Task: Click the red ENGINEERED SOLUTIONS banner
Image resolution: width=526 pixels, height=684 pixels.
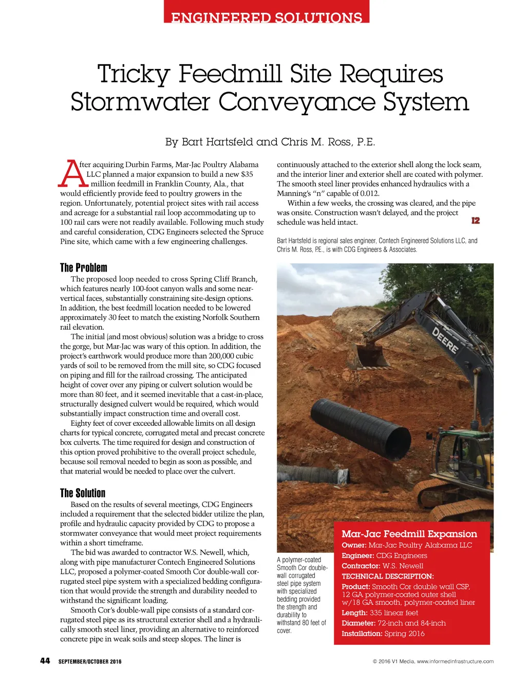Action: point(267,12)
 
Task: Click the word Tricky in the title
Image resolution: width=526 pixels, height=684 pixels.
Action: point(134,74)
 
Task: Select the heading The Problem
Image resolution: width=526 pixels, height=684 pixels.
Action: point(84,267)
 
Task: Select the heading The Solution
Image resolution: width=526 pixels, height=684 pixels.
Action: point(83,493)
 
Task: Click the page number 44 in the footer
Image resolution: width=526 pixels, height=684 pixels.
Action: point(45,661)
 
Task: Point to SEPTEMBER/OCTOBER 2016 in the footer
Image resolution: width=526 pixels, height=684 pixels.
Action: point(90,661)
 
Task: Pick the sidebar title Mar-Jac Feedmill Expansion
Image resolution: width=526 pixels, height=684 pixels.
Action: point(409,534)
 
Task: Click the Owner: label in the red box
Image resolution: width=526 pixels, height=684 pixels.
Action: point(354,545)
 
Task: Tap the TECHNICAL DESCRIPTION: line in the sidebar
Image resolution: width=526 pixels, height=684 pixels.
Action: point(388,576)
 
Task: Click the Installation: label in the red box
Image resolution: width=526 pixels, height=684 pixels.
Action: point(362,634)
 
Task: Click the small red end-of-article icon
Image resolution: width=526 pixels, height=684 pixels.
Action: point(476,221)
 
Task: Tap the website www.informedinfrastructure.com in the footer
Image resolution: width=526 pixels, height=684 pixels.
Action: point(455,661)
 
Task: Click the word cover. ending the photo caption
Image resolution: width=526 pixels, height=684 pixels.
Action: point(284,631)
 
